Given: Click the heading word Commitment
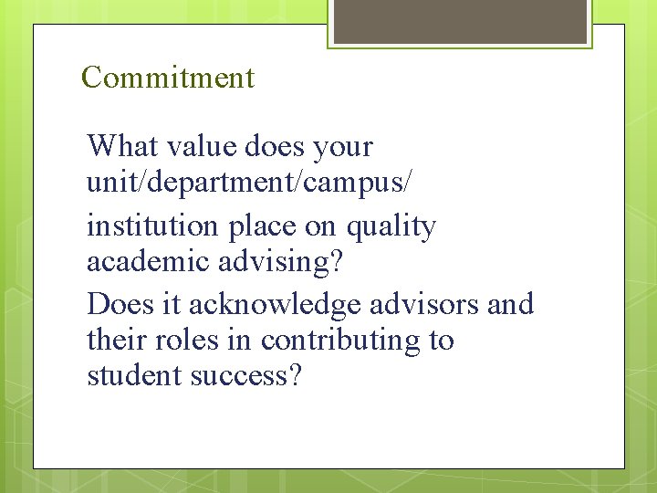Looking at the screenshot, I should click(x=168, y=78).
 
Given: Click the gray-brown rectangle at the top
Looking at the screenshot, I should click(x=460, y=21).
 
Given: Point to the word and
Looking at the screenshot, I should click(x=510, y=303).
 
